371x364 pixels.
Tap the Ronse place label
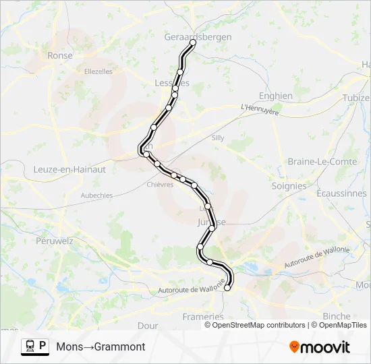tap(60, 56)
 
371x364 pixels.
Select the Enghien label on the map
tap(276, 96)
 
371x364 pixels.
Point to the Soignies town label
tap(289, 186)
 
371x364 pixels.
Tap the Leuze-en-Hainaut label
tap(69, 170)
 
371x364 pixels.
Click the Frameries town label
tap(203, 316)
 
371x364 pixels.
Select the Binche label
tap(337, 316)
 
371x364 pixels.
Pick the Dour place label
tap(148, 325)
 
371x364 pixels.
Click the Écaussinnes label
tap(341, 193)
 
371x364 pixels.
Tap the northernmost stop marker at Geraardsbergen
tap(193, 42)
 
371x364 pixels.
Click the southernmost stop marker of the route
tap(227, 288)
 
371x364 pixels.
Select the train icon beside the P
tap(30, 346)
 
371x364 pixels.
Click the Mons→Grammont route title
tap(101, 346)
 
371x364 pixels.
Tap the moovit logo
tap(320, 347)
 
